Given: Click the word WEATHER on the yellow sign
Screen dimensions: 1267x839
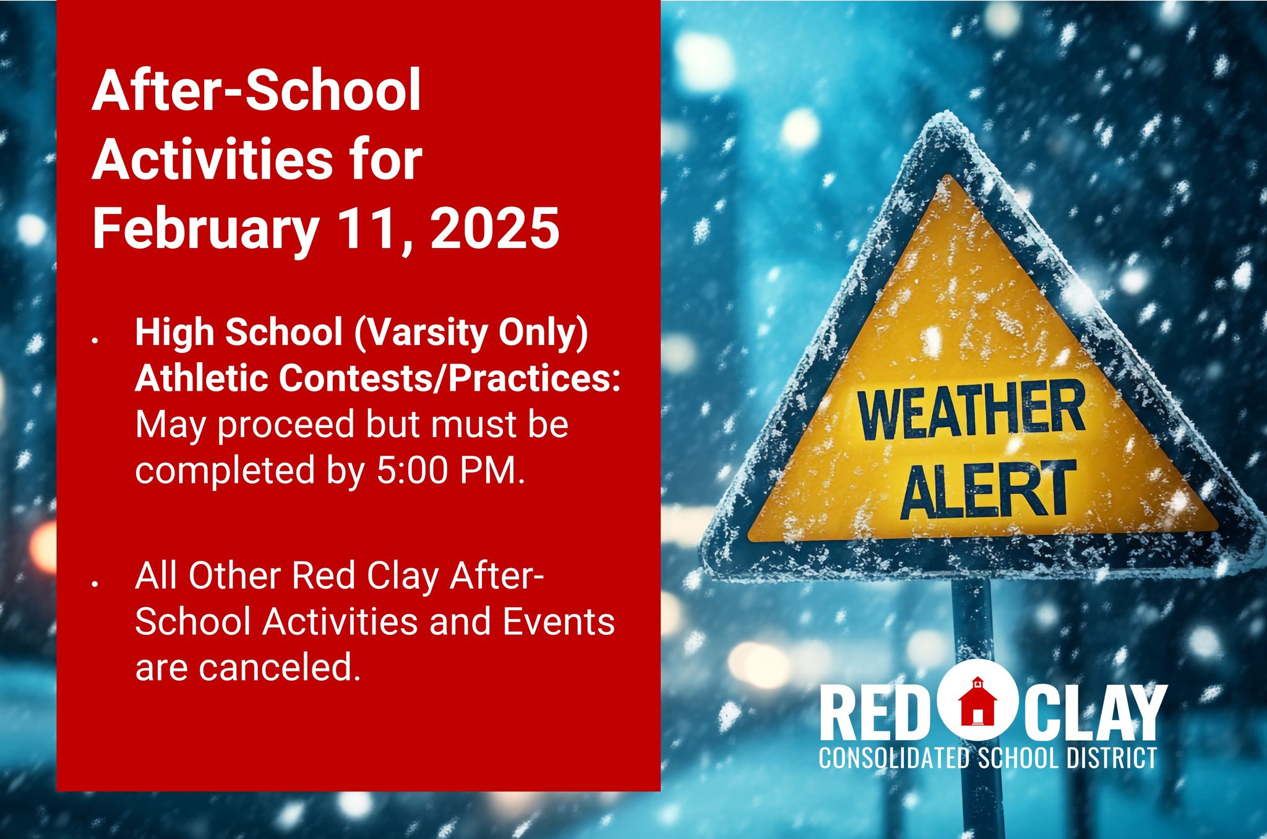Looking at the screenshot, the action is tap(971, 409).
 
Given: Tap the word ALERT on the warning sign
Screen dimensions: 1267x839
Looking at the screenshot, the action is tap(988, 490).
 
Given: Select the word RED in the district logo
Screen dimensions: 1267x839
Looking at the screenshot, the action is tap(872, 712).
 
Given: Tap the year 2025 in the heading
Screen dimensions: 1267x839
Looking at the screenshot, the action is tap(495, 228).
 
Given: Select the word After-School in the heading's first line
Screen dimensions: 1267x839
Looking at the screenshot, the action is tap(257, 90).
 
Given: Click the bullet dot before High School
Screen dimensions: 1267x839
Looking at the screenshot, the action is tap(95, 340).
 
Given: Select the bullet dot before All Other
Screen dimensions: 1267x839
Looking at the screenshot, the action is tap(95, 583).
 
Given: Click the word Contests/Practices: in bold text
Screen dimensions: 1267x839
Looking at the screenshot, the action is tap(450, 378).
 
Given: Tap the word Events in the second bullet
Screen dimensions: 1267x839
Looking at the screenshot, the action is tap(559, 621).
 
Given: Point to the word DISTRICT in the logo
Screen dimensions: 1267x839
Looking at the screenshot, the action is tap(1111, 758).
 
